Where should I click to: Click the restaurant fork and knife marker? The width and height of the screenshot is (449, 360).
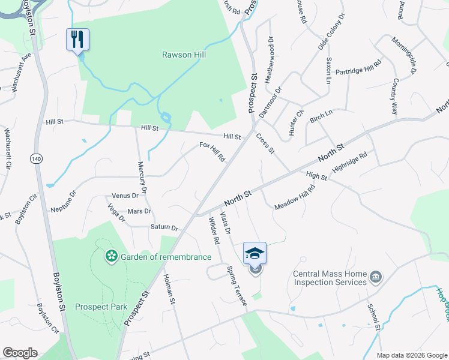coord(77,40)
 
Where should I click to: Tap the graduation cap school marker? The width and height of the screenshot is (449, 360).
coord(255,253)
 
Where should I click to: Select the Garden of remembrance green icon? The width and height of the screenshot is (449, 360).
coord(111,257)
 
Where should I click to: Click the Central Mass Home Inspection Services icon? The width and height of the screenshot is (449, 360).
coord(376,277)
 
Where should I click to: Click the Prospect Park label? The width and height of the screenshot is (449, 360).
coord(101,307)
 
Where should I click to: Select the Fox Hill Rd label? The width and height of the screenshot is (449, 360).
coord(212,152)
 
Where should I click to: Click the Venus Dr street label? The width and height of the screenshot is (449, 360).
coord(125,196)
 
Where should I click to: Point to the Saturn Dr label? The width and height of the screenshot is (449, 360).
coord(164,228)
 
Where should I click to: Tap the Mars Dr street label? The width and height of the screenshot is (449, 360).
coord(139,211)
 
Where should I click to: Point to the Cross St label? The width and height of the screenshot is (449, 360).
coord(265,143)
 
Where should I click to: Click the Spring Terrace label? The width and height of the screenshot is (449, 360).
coord(237,286)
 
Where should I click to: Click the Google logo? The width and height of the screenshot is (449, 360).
coord(20,353)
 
